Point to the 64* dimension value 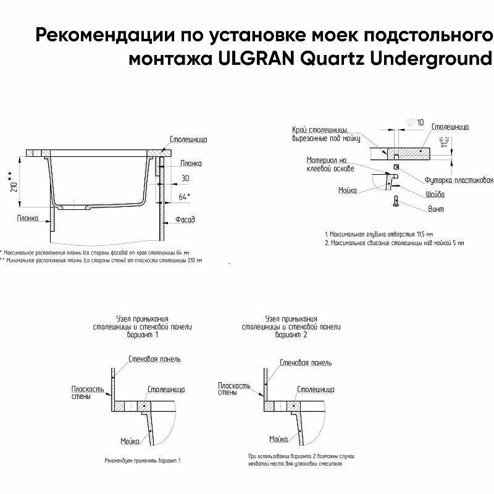184,196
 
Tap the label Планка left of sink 28,218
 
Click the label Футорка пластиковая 458,180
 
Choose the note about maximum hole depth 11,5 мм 379,235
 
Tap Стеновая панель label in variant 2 305,362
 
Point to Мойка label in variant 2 278,439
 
